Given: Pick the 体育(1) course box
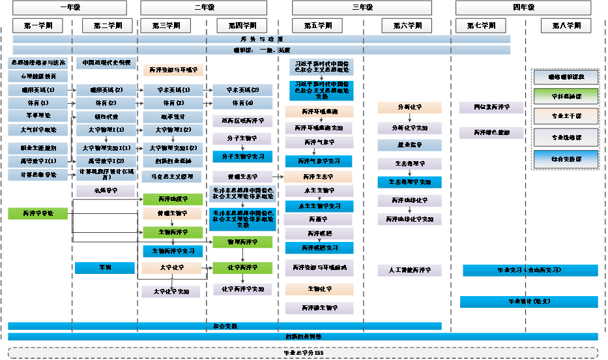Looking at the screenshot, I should tap(38, 103).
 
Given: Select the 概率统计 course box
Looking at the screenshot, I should tap(172, 117).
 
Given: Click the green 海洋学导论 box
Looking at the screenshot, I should tap(38, 213).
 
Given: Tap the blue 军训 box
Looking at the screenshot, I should tap(105, 267).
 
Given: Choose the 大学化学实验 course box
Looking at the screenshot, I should tap(172, 292).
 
